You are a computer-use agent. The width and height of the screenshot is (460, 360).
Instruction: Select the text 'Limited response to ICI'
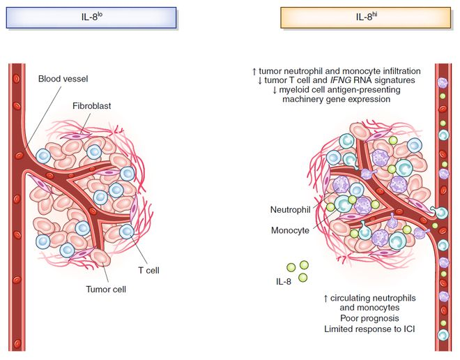(x=369, y=329)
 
